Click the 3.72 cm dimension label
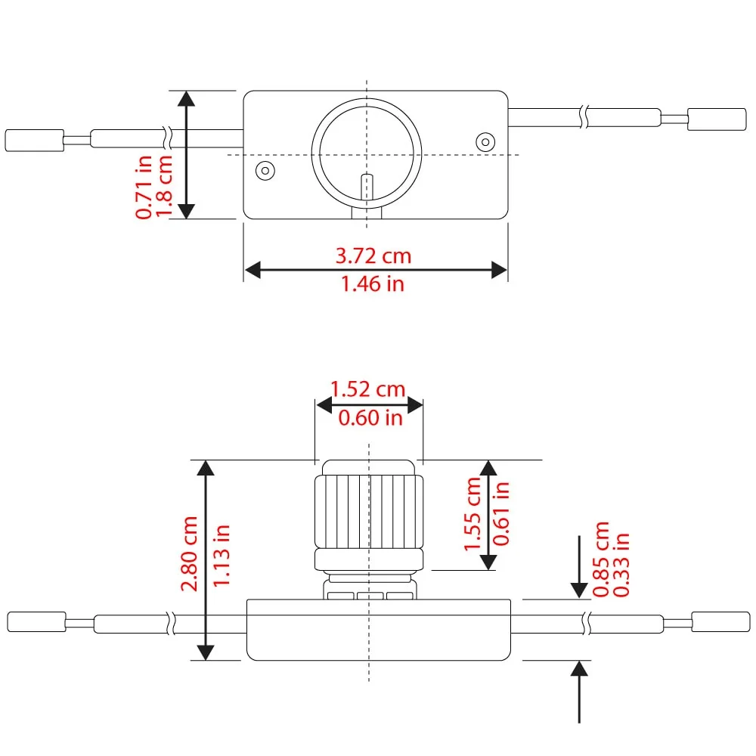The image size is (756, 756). (373, 256)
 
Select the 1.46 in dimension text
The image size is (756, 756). (372, 284)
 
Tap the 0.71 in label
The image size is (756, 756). (144, 187)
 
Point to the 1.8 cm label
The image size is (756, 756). (163, 186)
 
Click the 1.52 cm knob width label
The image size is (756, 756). (367, 389)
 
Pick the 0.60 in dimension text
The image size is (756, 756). (370, 417)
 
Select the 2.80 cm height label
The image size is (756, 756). (189, 553)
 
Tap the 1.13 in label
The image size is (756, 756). (222, 556)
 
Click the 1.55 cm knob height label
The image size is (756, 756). (472, 513)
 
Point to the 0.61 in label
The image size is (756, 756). (501, 513)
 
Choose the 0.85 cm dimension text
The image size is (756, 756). (601, 559)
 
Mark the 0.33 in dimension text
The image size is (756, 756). (621, 565)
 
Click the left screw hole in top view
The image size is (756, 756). (265, 171)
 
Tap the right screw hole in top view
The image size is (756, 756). (485, 142)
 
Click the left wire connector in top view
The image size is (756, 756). (34, 141)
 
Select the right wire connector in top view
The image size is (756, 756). (717, 119)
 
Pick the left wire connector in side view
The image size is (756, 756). (36, 622)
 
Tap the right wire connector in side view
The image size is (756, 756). (720, 622)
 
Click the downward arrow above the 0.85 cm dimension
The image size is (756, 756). (579, 567)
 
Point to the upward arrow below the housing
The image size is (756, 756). (579, 692)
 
